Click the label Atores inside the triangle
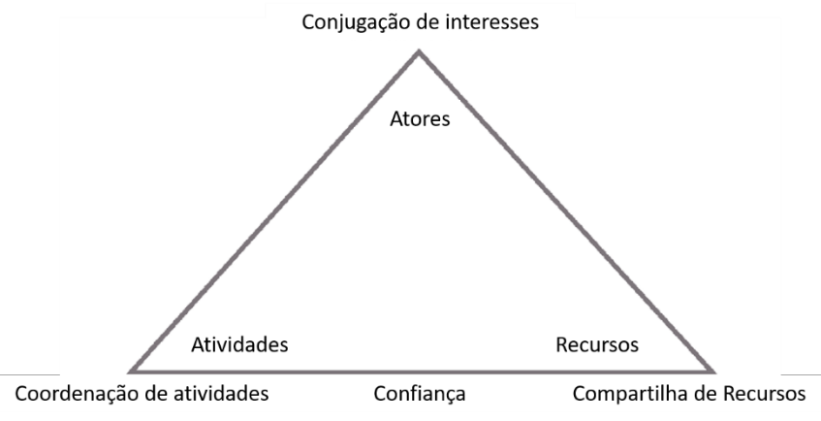coord(421,120)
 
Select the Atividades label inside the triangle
coord(239,344)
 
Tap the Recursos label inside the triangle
coord(597,344)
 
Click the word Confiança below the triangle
coord(420,395)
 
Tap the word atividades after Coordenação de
coord(218,395)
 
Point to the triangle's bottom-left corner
coord(132,371)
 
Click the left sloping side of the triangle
coord(276,211)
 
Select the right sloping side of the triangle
coord(565,211)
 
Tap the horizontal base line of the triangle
coord(420,371)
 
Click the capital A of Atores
coord(395,120)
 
